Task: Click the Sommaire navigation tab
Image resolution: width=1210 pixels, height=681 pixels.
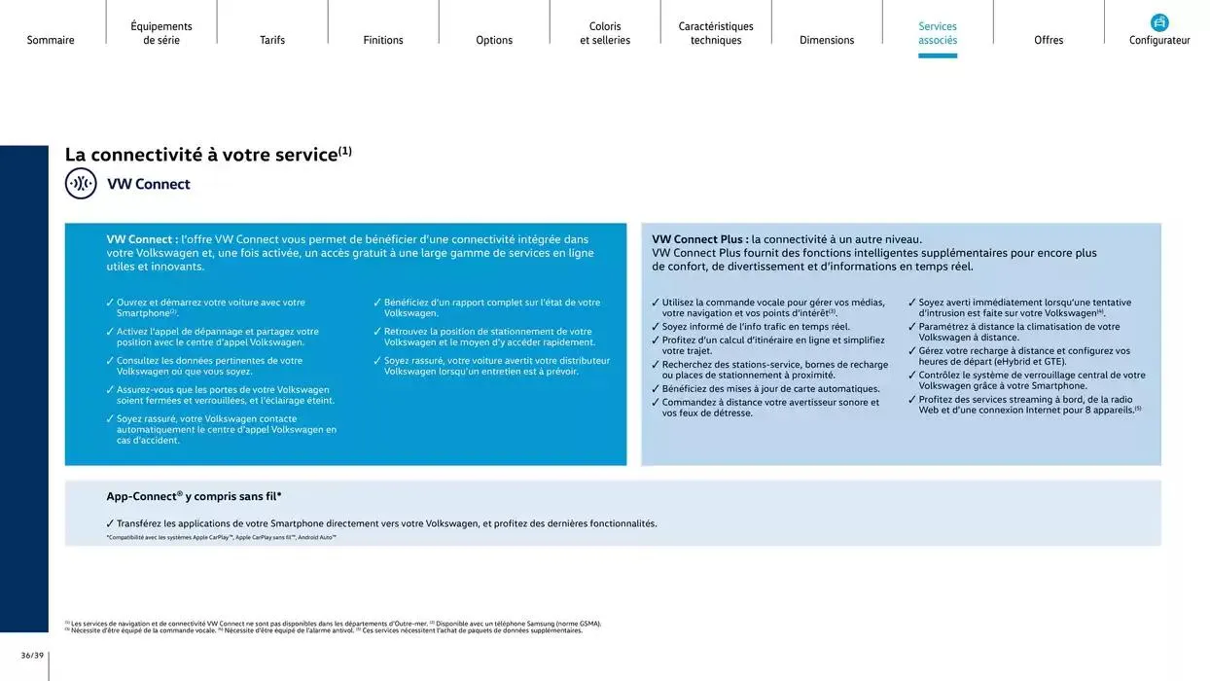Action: pos(51,40)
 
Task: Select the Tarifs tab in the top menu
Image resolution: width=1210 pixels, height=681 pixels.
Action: pos(272,40)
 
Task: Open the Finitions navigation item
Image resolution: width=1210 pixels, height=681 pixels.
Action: pos(383,40)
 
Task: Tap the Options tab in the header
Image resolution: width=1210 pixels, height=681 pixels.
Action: pos(494,40)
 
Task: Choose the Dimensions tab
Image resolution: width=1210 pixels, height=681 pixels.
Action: pos(827,40)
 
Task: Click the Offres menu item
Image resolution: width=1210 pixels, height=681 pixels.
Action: pos(1049,40)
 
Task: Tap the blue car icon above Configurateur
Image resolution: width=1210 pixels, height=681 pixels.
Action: pos(1159,22)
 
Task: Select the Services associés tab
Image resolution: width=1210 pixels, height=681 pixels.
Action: pos(938,33)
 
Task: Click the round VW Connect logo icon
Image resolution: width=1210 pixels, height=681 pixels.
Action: pos(81,184)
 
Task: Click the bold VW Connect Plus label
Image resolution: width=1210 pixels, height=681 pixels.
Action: pos(699,239)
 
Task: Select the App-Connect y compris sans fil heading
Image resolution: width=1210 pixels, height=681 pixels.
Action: pos(194,496)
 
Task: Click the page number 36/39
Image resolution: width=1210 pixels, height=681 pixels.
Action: pos(32,655)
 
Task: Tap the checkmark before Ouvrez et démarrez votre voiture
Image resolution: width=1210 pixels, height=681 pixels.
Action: pos(110,303)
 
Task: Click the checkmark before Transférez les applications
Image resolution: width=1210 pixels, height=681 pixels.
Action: pos(110,523)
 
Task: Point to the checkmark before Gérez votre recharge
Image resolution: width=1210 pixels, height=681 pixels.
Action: pos(912,350)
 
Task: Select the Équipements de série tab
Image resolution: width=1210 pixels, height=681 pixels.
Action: pos(161,33)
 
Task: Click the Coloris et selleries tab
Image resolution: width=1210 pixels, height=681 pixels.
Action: pos(605,33)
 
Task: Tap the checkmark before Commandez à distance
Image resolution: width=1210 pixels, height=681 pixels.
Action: pos(656,402)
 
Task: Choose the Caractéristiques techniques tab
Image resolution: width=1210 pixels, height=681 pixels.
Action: pos(716,33)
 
